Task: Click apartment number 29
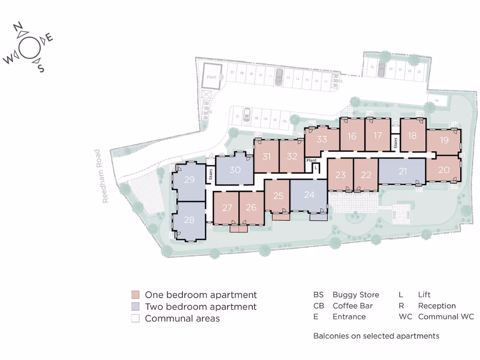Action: (189, 180)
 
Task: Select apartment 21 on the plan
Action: (403, 172)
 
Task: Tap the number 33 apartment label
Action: (322, 139)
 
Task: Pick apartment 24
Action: (309, 195)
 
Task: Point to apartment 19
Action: (444, 140)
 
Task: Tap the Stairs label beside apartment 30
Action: (210, 174)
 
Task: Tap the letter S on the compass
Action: (41, 68)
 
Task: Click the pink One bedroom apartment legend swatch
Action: (135, 295)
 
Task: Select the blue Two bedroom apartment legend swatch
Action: (135, 307)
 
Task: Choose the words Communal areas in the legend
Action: (182, 319)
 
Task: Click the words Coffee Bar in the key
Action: (352, 306)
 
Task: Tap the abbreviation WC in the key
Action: (405, 317)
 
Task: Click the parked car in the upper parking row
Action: (278, 77)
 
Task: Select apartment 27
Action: (227, 208)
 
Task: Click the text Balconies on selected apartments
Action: (376, 336)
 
